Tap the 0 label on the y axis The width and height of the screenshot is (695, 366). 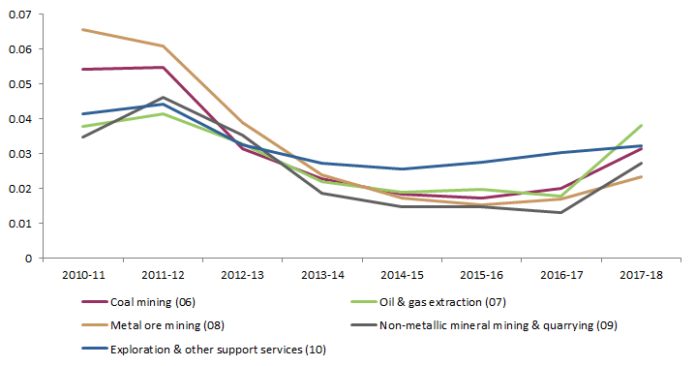[x=28, y=259]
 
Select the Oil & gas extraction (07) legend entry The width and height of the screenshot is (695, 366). [x=435, y=302]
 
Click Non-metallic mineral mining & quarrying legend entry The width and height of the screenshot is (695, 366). [x=485, y=325]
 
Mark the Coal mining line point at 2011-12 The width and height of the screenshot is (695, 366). [x=163, y=67]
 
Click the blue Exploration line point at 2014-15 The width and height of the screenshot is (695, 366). [x=402, y=168]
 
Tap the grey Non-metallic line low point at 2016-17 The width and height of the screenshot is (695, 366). [x=561, y=212]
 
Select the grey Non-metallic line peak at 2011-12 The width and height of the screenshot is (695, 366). [x=163, y=97]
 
